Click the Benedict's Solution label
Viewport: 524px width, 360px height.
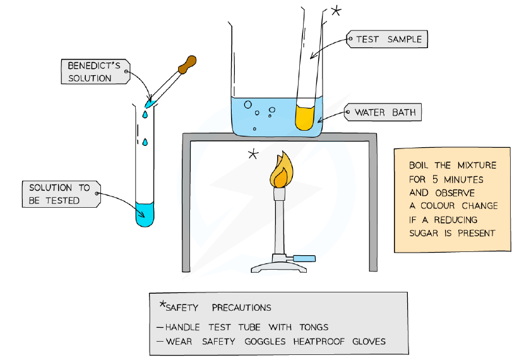95,71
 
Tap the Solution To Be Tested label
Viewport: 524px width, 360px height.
61,194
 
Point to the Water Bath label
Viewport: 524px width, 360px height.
383,112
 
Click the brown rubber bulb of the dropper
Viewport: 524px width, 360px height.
188,64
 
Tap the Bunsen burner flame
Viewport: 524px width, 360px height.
282,170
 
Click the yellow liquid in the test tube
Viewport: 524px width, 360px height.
305,117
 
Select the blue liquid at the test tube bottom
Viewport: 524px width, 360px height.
145,214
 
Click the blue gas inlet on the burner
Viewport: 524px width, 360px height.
304,258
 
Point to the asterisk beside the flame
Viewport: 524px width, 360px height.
253,154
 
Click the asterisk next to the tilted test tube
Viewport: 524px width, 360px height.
336,11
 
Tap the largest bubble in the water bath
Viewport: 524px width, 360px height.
247,105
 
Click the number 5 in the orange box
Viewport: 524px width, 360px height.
435,179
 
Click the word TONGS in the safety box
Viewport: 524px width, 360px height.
314,327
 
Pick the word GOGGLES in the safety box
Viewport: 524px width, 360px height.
265,342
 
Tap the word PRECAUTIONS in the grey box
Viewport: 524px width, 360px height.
241,308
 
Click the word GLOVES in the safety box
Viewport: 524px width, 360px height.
369,342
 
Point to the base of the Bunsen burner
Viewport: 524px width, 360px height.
278,267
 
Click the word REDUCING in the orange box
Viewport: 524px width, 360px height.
455,220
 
